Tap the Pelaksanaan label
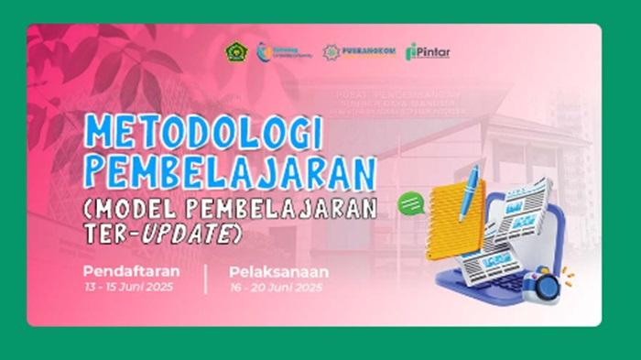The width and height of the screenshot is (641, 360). tap(278, 272)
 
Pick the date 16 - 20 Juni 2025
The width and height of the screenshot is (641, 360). tap(277, 288)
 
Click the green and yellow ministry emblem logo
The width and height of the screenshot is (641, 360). tap(235, 51)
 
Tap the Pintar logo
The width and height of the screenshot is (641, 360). tap(428, 52)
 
